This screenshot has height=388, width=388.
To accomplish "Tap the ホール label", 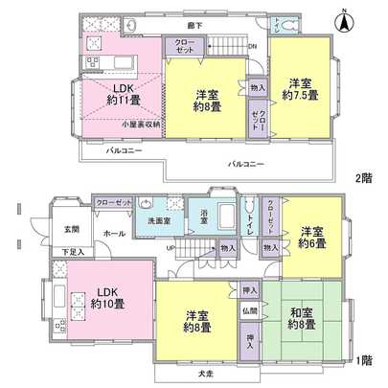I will click(x=114, y=234).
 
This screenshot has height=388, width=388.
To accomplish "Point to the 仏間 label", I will click(x=248, y=310).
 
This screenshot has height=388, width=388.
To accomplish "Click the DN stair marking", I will click(x=252, y=46).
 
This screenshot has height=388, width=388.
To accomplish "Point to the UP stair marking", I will click(x=171, y=247).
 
